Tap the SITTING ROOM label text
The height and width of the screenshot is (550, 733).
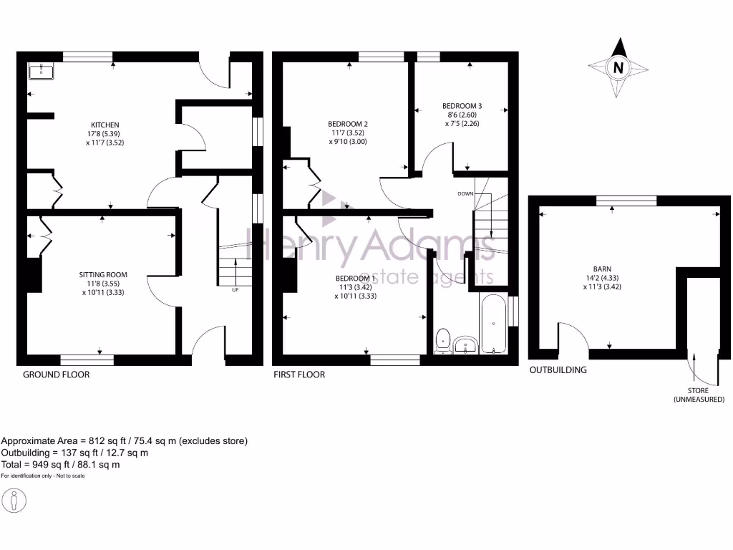(102, 274)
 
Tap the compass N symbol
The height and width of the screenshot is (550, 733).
(618, 69)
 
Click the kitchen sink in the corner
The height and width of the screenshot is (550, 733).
(41, 71)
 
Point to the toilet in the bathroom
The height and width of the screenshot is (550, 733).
(444, 339)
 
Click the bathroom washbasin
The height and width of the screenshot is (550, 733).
(465, 344)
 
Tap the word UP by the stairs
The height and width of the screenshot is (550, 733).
(235, 290)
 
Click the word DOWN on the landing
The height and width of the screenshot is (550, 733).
(466, 194)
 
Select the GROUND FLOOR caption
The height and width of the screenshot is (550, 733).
(57, 375)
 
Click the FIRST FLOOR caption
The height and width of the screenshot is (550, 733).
(299, 375)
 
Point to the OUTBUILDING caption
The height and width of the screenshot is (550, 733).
(558, 370)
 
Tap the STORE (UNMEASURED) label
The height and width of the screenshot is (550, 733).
(699, 395)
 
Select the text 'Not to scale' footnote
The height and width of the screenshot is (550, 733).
(68, 476)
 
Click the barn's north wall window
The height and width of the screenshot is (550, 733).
(626, 200)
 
